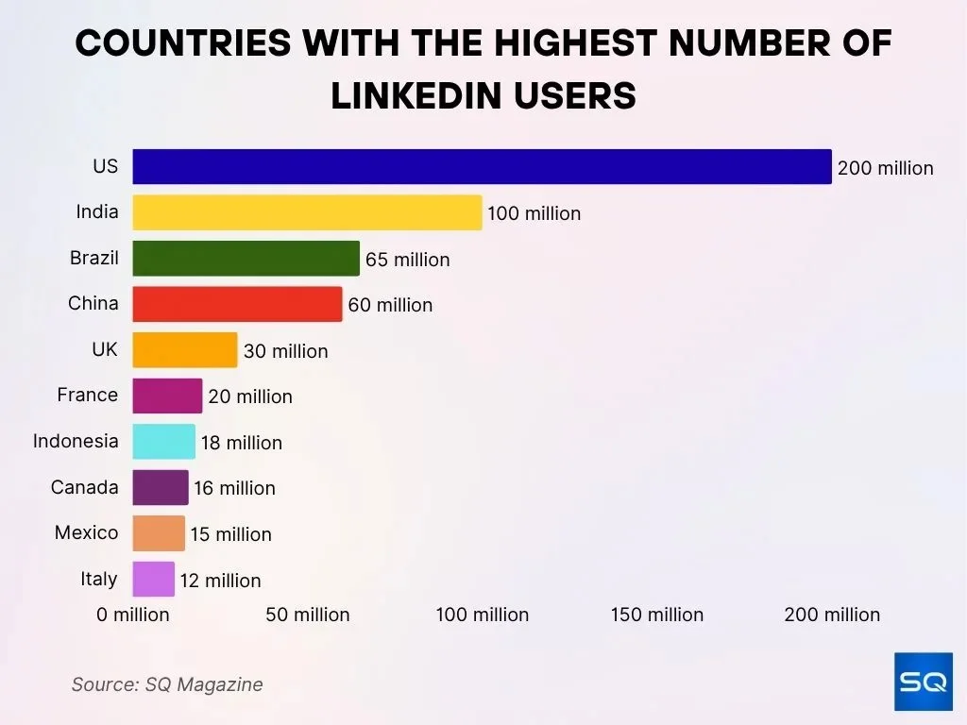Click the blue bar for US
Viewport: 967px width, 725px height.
point(482,167)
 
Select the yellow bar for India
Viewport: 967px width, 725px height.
point(307,212)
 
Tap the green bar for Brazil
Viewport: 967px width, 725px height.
point(246,259)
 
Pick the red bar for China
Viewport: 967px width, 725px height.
point(237,304)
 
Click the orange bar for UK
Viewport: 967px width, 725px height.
point(185,350)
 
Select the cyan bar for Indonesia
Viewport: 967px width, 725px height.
point(163,442)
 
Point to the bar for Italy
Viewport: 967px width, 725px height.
point(153,580)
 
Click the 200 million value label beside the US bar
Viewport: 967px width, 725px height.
point(885,168)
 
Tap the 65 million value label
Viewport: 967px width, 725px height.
point(407,260)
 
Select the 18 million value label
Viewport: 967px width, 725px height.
point(241,443)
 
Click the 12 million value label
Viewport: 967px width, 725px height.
point(220,581)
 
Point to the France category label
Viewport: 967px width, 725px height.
point(88,395)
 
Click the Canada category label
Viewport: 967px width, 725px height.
point(85,487)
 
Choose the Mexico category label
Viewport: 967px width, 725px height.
point(87,532)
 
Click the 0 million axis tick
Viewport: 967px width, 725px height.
point(133,615)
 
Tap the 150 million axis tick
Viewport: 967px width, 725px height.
point(656,615)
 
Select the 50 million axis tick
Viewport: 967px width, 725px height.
point(307,615)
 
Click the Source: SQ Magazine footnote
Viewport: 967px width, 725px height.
point(167,684)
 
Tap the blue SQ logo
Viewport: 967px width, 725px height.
point(923,682)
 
